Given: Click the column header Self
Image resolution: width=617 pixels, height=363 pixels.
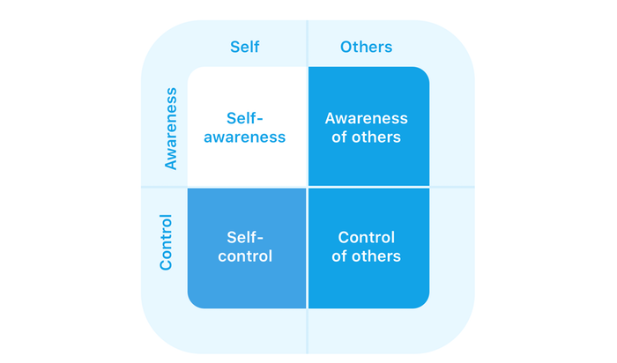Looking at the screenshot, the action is click(244, 47).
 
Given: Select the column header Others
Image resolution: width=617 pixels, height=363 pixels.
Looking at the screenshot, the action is click(366, 47).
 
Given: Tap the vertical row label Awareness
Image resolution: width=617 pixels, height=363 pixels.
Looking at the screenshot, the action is click(171, 129).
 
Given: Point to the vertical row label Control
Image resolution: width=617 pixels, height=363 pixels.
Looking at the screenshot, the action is click(166, 242).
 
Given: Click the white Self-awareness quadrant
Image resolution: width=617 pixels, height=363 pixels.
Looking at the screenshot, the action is click(247, 126).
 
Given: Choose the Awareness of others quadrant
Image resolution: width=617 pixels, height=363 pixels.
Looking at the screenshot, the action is click(368, 126).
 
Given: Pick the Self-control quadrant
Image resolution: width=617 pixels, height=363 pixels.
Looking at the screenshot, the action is click(247, 248).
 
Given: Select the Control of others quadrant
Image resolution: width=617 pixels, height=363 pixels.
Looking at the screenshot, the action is click(368, 248).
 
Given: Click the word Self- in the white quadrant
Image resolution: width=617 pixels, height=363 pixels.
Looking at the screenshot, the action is click(244, 118).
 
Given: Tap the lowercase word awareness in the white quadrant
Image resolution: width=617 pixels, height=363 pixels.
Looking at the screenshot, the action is click(244, 137).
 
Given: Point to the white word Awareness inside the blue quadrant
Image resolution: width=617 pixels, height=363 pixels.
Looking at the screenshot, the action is click(366, 118).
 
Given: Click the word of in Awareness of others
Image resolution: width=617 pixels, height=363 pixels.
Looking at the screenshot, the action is click(339, 137).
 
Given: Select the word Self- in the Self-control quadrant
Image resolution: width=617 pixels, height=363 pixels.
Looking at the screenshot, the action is click(245, 237).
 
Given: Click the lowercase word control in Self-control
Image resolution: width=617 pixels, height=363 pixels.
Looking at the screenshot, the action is click(245, 256).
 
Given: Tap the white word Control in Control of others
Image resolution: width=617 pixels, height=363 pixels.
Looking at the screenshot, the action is click(366, 237).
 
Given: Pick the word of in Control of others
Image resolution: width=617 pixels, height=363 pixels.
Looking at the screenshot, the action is click(339, 256).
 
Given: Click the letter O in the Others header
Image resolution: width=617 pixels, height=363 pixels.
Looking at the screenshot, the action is click(346, 47).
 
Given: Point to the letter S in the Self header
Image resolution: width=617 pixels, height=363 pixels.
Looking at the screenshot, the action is click(235, 47).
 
